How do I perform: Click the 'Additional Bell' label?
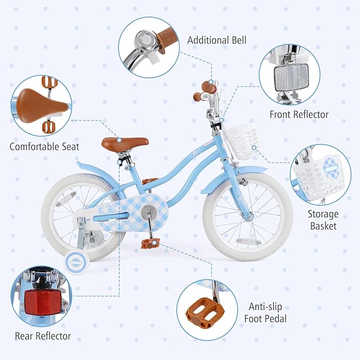click(216, 40)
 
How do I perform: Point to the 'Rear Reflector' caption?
click(43, 336)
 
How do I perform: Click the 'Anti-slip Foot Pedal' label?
click(268, 312)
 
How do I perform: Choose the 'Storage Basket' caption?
click(322, 220)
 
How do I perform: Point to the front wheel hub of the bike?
click(247, 216)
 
